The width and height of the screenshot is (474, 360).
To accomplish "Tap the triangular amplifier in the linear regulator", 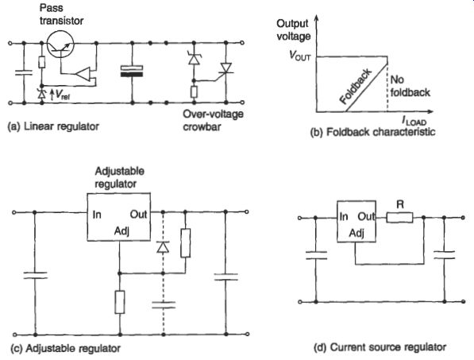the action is [83, 74].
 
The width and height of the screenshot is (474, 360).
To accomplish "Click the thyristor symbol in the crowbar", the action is [225, 68].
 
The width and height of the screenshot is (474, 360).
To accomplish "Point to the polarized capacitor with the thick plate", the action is [132, 71].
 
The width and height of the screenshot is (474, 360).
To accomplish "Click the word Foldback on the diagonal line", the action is [356, 87].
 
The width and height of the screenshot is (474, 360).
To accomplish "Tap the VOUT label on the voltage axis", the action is [300, 56].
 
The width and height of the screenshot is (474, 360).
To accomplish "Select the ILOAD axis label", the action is [414, 121].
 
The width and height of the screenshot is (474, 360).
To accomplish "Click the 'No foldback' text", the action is [410, 86].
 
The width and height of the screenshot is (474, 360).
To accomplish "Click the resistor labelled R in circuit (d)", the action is [399, 217].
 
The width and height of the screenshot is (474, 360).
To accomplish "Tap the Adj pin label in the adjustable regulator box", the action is [121, 231].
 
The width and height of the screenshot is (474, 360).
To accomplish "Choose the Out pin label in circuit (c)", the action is [138, 215].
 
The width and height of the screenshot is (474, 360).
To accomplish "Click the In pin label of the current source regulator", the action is [344, 217].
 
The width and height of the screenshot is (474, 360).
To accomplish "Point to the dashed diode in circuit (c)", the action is [163, 247].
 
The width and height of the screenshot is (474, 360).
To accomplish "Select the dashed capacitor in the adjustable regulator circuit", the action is [164, 304].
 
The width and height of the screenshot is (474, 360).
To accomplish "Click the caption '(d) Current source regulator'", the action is [380, 347].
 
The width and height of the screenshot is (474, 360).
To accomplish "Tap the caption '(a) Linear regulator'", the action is [53, 126].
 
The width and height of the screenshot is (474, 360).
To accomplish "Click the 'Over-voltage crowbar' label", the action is [213, 120].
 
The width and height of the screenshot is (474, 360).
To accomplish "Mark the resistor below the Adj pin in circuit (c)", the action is [120, 302].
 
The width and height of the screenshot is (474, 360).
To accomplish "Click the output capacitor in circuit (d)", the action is [444, 255].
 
